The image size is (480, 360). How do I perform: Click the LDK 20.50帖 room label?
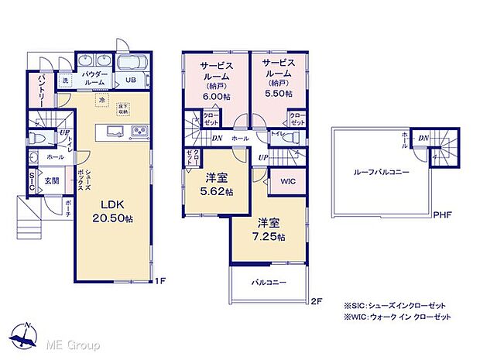tap(113, 211)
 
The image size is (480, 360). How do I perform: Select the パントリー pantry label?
tap(42, 91)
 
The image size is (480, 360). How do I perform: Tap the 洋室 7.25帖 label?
tap(271, 229)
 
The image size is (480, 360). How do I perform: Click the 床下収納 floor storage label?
tap(123, 108)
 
